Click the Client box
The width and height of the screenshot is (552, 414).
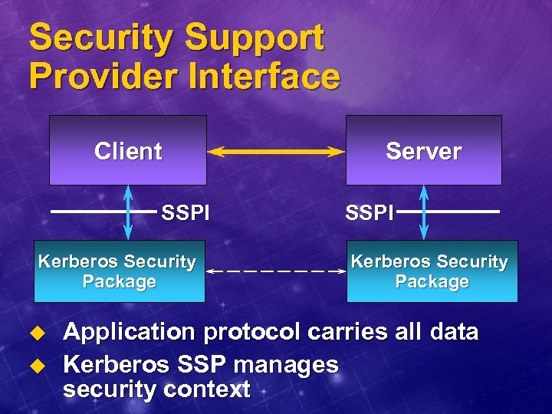128,150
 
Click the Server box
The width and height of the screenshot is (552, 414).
424,150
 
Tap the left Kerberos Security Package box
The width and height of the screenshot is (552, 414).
119,271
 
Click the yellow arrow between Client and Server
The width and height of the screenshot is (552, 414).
276,152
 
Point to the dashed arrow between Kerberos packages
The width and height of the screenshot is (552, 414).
276,271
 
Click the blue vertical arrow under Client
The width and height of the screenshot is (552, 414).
128,212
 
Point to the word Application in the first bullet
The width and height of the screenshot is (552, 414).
130,333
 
